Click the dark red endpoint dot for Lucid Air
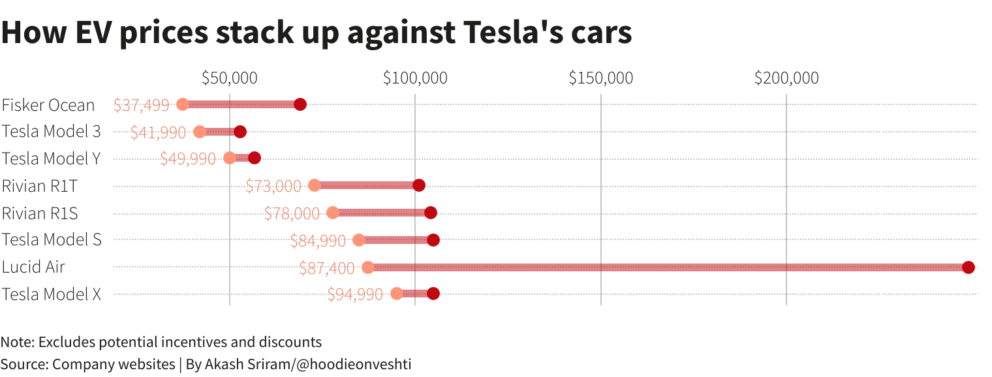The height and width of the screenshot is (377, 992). (968, 267)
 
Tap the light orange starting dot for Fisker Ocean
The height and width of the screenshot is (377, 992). (183, 104)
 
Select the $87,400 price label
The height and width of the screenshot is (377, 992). (326, 268)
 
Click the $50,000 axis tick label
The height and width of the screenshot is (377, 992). (229, 78)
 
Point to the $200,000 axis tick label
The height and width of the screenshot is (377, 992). (786, 78)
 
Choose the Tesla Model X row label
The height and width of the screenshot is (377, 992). (52, 294)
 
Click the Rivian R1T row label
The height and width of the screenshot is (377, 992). (40, 186)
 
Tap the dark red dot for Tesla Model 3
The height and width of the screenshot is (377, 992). (240, 132)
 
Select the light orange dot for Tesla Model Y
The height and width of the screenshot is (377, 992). (230, 158)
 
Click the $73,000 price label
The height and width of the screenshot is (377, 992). (273, 186)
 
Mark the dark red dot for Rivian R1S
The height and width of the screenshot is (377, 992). (430, 213)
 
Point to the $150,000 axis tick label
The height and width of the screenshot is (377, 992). (600, 78)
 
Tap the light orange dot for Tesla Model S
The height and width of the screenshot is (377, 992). (359, 240)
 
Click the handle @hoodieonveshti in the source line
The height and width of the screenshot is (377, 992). (354, 364)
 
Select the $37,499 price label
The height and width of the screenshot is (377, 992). (141, 105)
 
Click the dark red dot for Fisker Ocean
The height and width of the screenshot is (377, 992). (300, 104)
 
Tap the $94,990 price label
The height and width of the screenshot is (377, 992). (355, 294)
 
